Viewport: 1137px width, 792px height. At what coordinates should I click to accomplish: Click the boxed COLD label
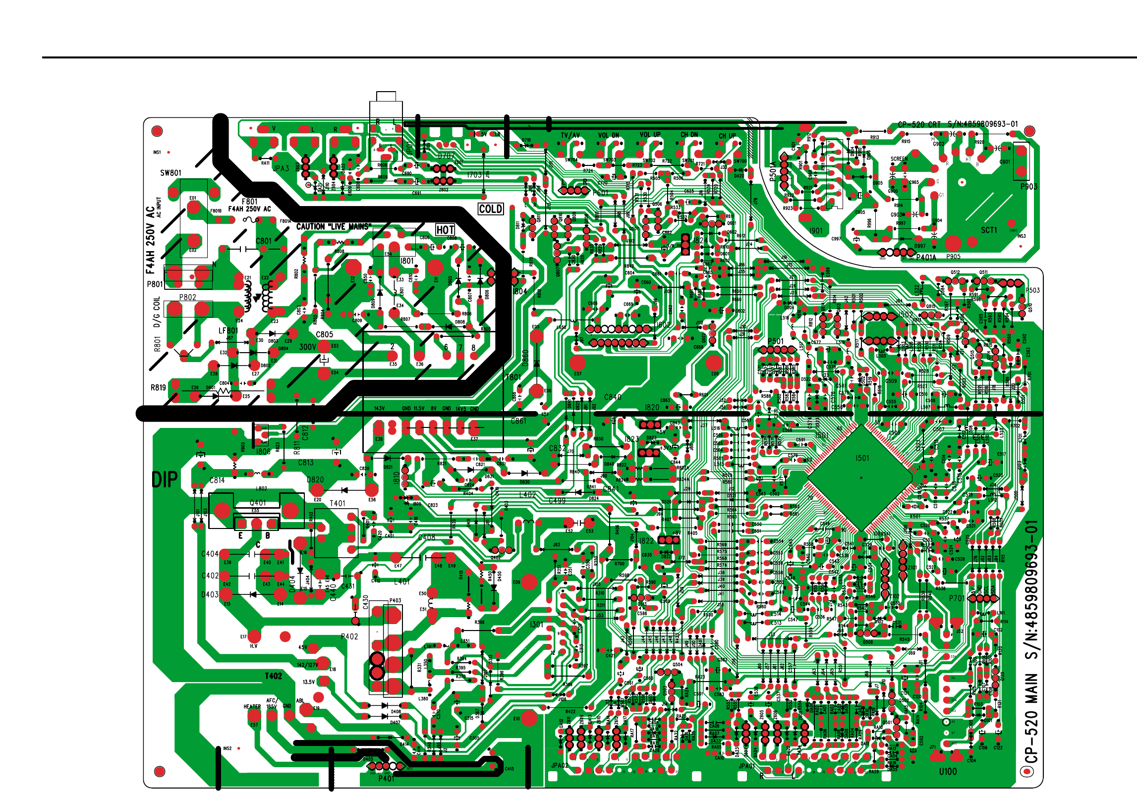tap(491, 209)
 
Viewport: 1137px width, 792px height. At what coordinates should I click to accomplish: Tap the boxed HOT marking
tap(445, 230)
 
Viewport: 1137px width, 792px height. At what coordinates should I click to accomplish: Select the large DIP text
tap(165, 479)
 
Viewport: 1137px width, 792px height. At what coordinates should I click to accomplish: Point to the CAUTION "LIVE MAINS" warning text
tap(334, 227)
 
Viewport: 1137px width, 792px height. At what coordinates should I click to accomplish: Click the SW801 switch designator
tap(171, 173)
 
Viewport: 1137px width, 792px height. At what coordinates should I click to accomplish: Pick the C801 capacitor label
tap(264, 241)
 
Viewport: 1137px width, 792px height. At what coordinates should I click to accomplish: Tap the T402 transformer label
tap(273, 676)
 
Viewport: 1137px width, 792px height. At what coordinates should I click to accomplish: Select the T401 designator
tap(338, 503)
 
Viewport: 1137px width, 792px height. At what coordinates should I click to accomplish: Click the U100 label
tap(948, 771)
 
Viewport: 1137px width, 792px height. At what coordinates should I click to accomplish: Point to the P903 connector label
tap(1029, 187)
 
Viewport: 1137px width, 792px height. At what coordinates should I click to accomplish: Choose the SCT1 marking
tap(989, 230)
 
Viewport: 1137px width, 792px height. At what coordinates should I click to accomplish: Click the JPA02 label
tap(560, 765)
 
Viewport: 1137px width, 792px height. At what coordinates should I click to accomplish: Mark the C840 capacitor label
tap(613, 397)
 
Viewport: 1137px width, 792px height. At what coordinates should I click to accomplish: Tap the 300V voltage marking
tap(307, 347)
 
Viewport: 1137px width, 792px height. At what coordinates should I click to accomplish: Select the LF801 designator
tap(228, 330)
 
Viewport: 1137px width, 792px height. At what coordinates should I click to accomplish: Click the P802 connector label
tap(187, 297)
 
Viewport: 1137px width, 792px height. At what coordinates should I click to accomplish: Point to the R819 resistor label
tap(158, 387)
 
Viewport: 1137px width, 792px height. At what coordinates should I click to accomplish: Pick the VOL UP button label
tap(650, 135)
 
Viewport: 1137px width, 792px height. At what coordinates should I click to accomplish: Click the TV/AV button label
tap(570, 135)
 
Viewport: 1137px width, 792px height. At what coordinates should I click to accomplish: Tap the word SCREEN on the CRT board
tap(899, 159)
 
